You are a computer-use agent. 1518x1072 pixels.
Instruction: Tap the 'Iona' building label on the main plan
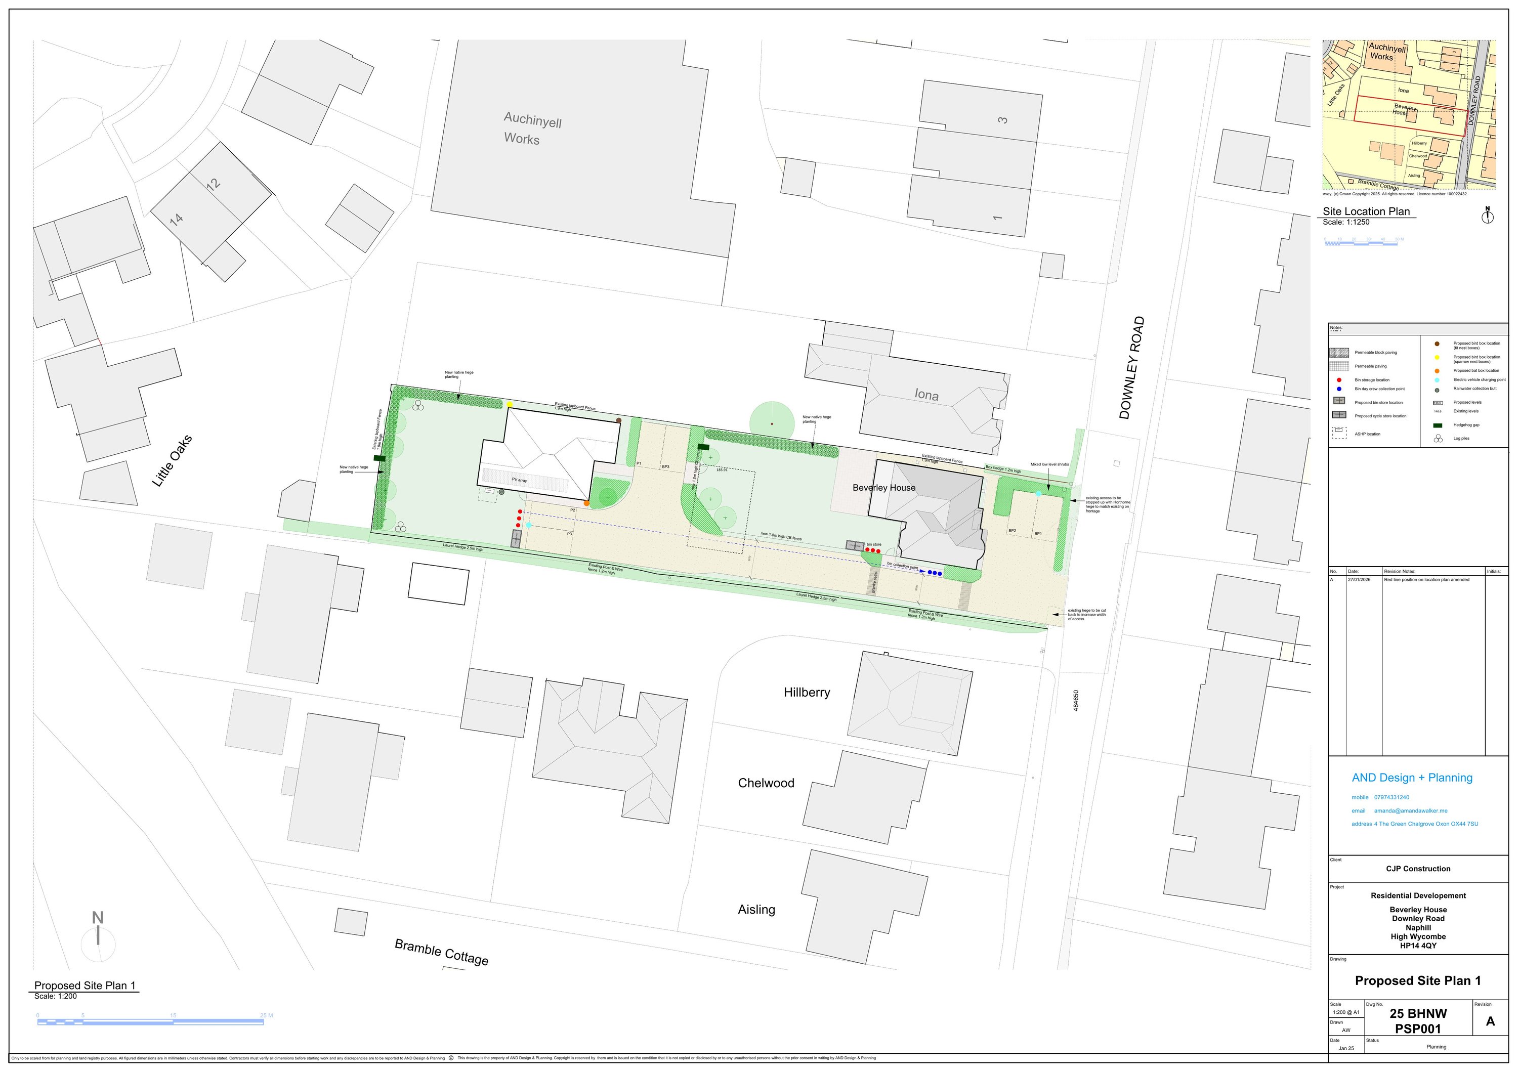(x=926, y=395)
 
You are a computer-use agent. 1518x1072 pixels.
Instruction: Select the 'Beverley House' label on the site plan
(x=884, y=488)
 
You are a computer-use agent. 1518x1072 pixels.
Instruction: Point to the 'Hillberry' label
(x=807, y=693)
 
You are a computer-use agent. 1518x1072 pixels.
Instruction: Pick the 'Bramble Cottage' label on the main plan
(x=442, y=952)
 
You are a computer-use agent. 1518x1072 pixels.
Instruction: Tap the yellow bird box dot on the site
(x=510, y=404)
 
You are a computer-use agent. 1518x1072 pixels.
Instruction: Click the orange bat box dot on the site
(x=586, y=503)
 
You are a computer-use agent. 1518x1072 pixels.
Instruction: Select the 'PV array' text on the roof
(x=519, y=480)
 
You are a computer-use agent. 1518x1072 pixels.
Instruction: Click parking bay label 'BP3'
(x=666, y=466)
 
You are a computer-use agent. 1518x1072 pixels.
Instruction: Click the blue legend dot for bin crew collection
(x=1339, y=389)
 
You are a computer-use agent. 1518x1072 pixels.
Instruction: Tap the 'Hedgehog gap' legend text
(x=1466, y=425)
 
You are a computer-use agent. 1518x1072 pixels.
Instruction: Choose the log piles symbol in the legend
(x=1438, y=438)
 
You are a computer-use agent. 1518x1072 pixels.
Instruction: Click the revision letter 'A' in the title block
(x=1490, y=1021)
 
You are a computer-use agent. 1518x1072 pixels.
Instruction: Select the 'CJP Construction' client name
(x=1418, y=869)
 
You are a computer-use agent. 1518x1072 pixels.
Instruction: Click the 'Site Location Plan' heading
(x=1366, y=211)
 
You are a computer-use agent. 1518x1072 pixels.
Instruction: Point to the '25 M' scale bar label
(x=267, y=1015)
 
